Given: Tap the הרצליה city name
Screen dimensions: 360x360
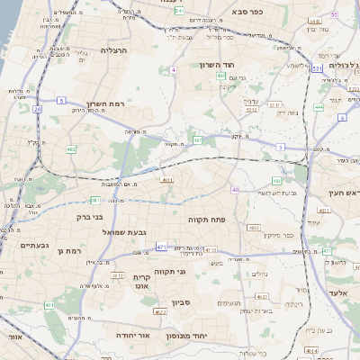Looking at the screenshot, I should click(114, 50).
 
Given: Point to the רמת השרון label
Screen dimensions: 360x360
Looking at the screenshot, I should click(103, 103).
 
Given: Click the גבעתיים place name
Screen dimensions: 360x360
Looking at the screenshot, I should click(17, 245).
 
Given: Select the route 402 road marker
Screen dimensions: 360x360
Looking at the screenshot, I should click(221, 76).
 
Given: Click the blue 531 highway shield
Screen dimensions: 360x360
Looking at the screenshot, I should click(317, 67).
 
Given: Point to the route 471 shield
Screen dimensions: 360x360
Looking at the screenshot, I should click(160, 246).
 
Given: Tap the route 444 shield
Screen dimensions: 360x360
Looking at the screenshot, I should click(320, 106).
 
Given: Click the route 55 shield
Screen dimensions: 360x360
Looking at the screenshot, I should click(335, 15).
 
